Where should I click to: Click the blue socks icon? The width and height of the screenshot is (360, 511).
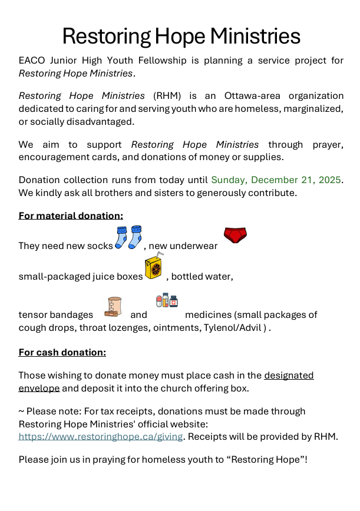tap(128, 237)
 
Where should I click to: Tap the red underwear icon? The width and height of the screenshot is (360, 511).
tap(235, 236)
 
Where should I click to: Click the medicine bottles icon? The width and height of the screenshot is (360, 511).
tap(167, 301)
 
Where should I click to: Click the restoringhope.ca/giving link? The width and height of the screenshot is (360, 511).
tap(101, 436)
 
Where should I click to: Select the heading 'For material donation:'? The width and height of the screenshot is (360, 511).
tap(71, 215)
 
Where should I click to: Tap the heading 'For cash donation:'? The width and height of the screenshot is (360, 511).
tap(62, 352)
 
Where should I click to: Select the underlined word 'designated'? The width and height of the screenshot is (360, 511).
tap(289, 375)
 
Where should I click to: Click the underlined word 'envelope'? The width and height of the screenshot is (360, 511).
tap(39, 388)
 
